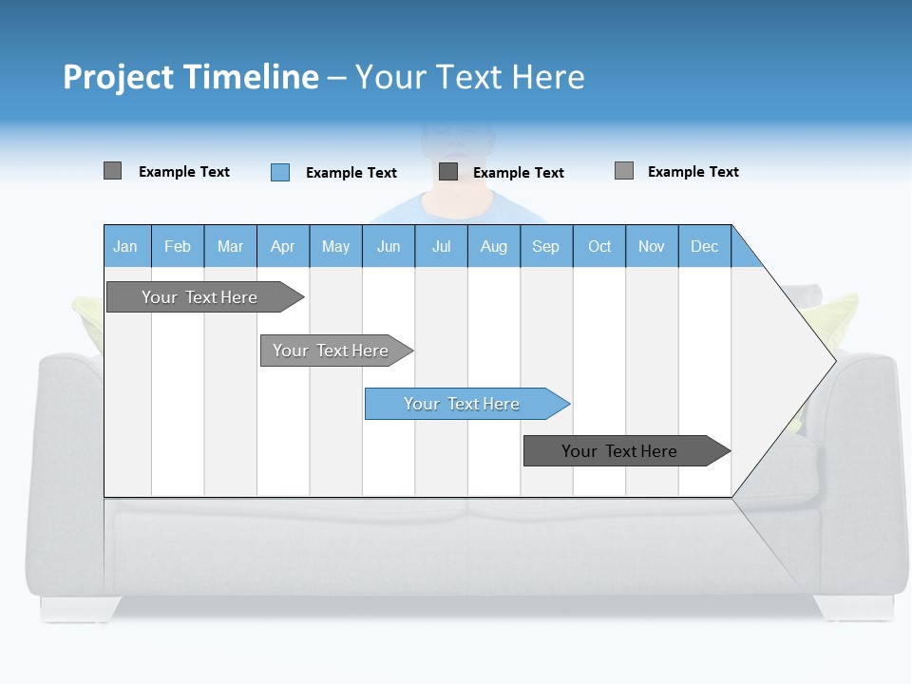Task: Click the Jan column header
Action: [126, 246]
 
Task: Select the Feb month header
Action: [178, 246]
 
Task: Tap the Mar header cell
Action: [230, 246]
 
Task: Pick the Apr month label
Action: [283, 246]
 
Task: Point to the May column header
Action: [335, 246]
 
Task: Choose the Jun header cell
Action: [389, 246]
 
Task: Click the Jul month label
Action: [441, 246]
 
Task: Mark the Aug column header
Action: [494, 246]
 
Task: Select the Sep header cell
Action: [546, 246]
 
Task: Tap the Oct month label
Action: [599, 246]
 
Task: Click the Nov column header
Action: [652, 246]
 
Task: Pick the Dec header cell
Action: [705, 246]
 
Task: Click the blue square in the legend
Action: [280, 172]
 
